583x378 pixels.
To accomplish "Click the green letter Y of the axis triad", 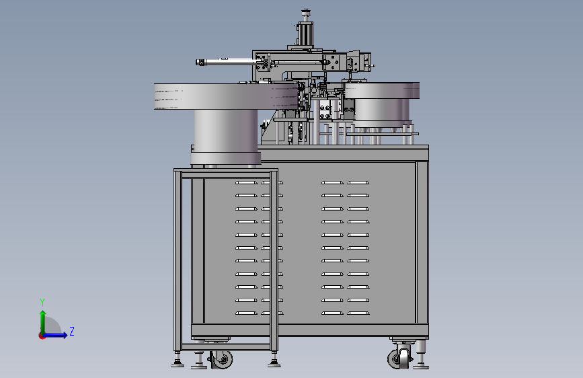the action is (42, 303).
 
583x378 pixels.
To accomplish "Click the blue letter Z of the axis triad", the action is (72, 331).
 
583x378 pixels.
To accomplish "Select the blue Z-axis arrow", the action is (55, 335).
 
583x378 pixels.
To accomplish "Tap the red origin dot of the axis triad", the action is (42, 336).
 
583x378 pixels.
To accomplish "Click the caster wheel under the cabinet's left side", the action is (222, 359).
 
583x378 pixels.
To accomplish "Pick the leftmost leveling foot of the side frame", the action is (178, 359).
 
